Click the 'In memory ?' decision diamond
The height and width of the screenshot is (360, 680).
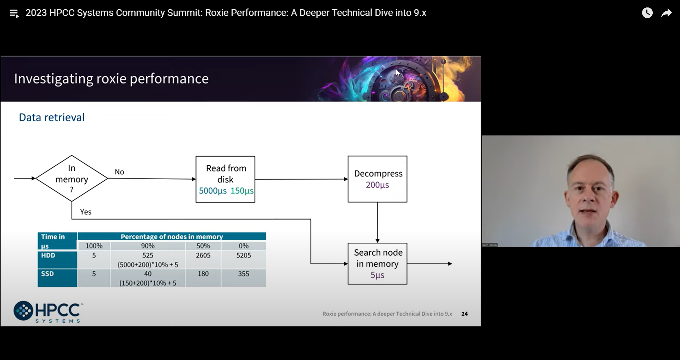72,178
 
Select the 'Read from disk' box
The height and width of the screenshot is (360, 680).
225,179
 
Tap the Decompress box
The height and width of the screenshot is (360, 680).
378,179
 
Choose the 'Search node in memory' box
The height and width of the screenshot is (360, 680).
378,264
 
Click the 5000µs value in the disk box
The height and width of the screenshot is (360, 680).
212,191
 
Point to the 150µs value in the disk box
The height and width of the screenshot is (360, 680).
242,191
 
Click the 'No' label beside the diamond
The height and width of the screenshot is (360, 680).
119,172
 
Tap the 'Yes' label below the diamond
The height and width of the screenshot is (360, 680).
86,212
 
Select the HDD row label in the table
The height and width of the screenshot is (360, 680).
48,255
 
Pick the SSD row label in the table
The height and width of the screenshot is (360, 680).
47,274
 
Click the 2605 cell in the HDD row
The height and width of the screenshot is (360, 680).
203,255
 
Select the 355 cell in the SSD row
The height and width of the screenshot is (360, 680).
244,274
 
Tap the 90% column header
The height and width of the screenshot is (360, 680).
148,246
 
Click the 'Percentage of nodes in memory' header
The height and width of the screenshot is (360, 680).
172,237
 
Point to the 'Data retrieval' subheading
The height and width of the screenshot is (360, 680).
52,117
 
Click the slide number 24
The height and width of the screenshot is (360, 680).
465,314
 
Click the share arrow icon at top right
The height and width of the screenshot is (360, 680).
667,13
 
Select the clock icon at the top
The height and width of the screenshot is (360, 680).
647,13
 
